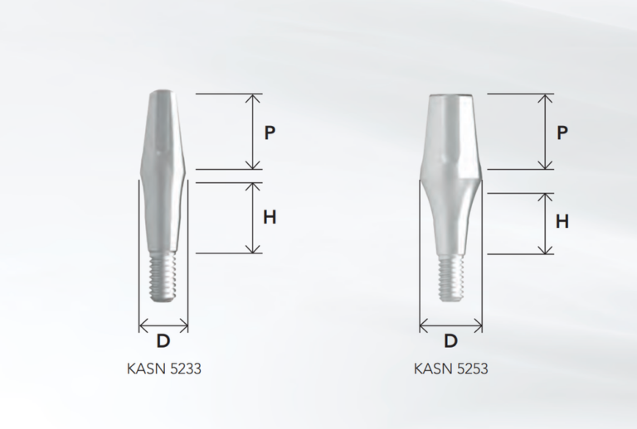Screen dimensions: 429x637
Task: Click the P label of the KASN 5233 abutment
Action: (270, 133)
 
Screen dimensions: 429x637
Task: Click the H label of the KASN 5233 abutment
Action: (270, 218)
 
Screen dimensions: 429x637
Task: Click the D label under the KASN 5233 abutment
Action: (163, 340)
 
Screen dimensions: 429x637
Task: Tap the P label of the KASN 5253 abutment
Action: (562, 133)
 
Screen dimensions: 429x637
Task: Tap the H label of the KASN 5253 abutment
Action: (562, 222)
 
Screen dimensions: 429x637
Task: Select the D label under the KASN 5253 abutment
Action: (451, 340)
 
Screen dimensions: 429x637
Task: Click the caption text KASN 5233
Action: (163, 369)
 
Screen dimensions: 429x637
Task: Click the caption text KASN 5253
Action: (451, 369)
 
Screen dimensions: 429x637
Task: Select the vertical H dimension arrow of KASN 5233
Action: (252, 218)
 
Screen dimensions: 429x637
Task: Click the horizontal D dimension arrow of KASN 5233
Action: (163, 325)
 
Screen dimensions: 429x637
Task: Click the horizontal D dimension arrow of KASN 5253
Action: (451, 325)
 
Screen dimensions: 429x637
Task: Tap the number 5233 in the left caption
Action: (184, 369)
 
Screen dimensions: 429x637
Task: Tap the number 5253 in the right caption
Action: (472, 369)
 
